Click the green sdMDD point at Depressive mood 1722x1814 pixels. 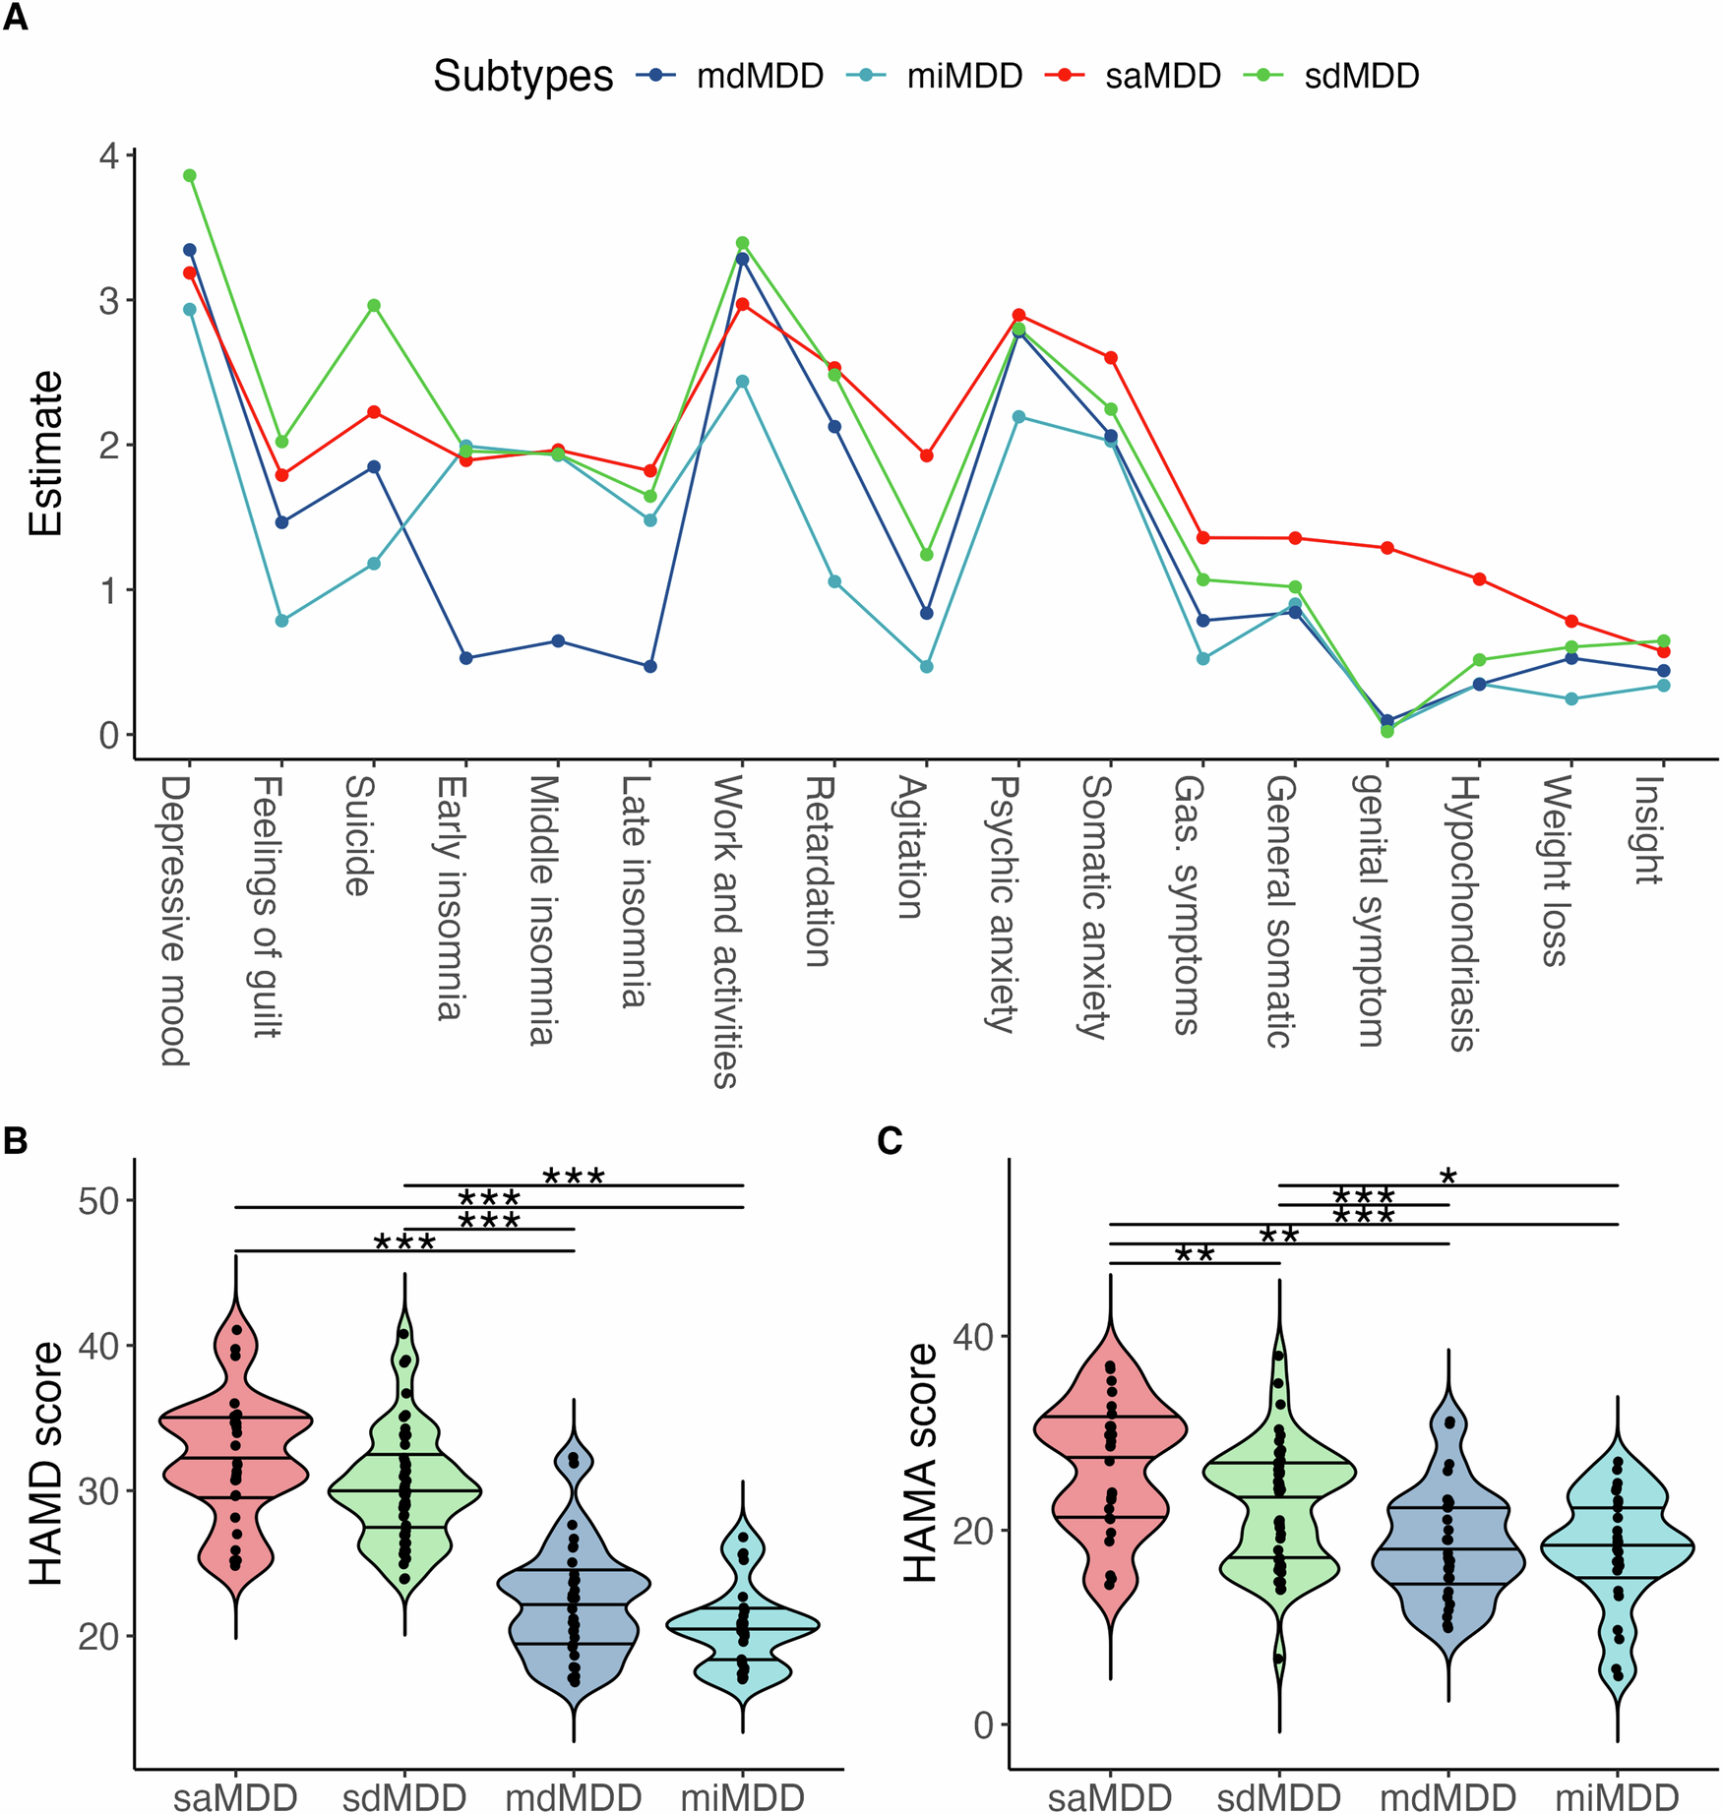coord(190,176)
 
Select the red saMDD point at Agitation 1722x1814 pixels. coord(926,455)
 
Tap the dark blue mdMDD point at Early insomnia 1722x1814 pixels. coord(466,658)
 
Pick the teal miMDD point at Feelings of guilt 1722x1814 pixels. coord(282,621)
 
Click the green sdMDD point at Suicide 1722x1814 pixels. coord(374,306)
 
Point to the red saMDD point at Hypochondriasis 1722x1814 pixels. coord(1479,579)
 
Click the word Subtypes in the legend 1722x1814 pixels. coord(523,76)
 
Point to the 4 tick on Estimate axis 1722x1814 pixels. coord(109,156)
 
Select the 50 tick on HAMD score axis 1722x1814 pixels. coord(97,1201)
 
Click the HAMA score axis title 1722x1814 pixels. coord(921,1463)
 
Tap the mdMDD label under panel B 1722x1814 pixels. coord(574,1797)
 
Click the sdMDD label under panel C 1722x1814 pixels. coord(1278,1797)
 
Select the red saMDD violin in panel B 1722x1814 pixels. coord(236,1456)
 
